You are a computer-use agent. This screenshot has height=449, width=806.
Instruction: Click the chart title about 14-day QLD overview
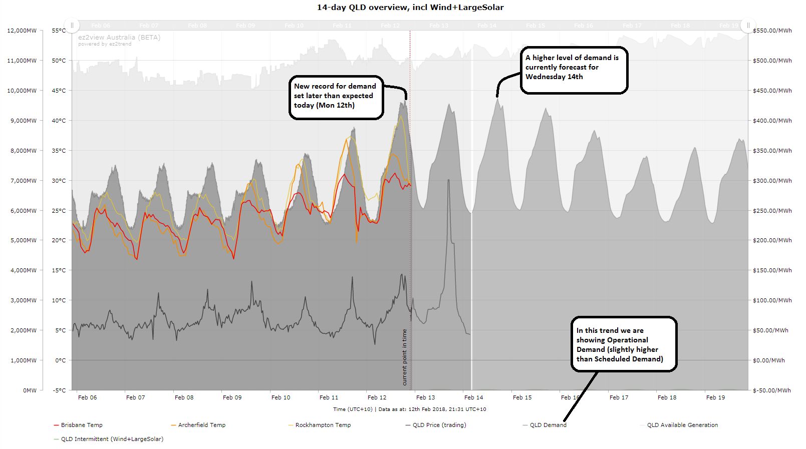410,8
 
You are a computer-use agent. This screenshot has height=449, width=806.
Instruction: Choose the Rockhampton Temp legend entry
323,425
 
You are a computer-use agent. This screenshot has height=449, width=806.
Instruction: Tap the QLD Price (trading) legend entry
439,425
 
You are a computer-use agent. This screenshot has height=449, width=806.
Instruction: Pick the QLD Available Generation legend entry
682,425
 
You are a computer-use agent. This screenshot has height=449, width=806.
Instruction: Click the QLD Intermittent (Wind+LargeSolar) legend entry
112,439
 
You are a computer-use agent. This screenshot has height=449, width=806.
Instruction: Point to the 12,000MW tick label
22,31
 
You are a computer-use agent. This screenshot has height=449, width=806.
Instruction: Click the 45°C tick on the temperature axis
59,91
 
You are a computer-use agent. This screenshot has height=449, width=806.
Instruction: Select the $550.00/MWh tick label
772,31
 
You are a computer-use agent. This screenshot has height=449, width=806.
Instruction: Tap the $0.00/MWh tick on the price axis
768,360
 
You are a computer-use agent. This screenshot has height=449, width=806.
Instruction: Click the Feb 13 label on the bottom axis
425,397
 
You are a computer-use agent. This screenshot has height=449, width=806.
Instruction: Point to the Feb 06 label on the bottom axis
87,397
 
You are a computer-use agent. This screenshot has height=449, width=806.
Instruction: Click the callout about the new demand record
336,97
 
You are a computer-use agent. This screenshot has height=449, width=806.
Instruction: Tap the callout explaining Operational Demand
623,344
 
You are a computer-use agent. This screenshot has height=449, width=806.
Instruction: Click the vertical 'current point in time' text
405,357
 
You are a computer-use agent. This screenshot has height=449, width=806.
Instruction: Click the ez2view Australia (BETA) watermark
119,38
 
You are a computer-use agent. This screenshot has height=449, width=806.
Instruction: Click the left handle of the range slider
72,25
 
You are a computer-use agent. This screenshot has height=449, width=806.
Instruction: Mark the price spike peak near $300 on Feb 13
448,180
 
